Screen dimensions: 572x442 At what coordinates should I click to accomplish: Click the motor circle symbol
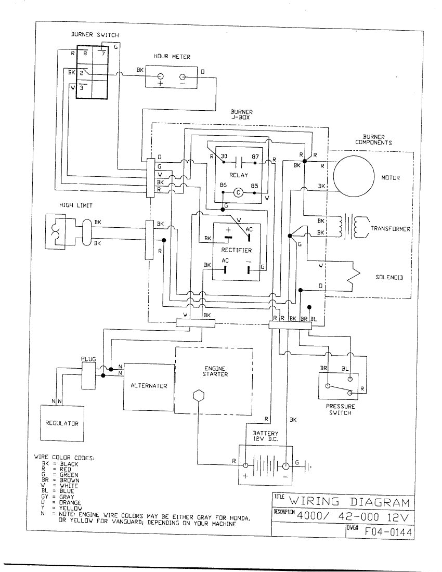[353, 177]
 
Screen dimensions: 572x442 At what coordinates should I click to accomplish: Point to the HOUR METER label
[172, 57]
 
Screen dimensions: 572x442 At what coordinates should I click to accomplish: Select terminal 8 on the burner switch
[85, 53]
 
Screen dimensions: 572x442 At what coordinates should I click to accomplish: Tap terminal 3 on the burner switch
[82, 87]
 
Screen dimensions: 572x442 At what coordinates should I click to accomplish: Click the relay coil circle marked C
[238, 191]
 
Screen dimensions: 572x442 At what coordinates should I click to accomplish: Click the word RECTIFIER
[237, 250]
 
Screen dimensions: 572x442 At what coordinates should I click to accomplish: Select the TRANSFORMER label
[391, 228]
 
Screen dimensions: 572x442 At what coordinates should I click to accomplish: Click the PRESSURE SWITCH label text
[341, 410]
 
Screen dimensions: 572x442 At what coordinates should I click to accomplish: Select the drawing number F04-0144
[389, 531]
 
